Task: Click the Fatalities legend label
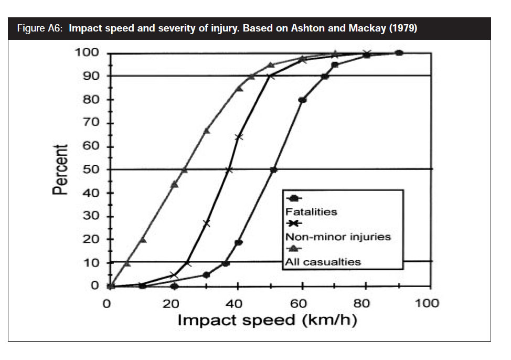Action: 311,212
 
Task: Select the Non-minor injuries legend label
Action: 338,237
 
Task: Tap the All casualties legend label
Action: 323,261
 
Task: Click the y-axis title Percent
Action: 60,170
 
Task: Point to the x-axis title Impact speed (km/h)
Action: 267,320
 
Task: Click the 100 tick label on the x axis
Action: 429,303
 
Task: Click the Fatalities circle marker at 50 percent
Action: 273,170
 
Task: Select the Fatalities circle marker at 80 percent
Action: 302,100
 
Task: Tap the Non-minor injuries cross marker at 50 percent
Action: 229,170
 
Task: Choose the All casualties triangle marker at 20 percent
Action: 143,240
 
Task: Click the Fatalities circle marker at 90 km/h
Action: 399,52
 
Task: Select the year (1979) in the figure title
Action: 400,29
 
